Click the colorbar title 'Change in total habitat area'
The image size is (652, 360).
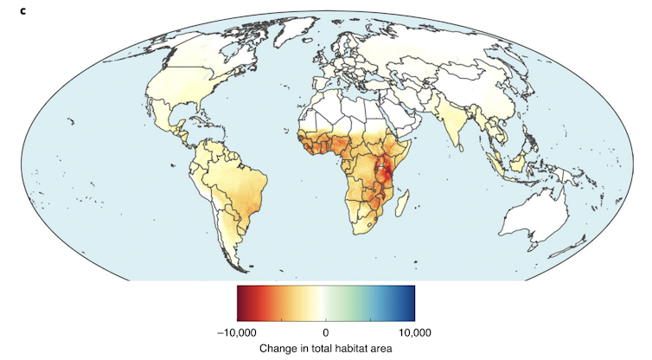click(x=325, y=348)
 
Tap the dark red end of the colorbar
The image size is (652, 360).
click(x=241, y=302)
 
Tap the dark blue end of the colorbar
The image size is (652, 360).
click(x=410, y=302)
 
